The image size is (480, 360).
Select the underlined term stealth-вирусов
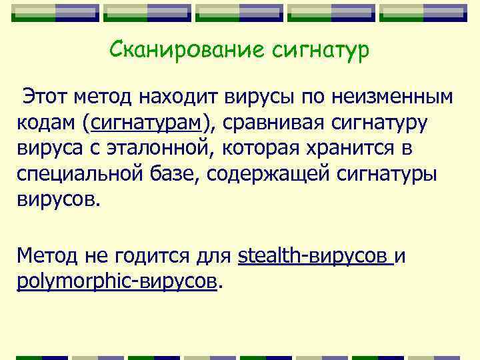313,255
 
